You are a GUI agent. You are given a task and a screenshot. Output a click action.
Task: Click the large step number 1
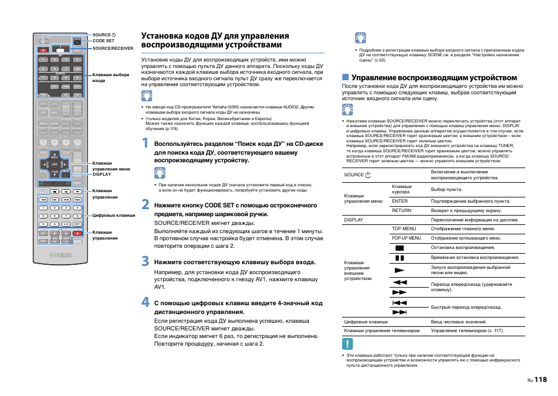coord(146,143)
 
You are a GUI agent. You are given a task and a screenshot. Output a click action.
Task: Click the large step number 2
coord(146,205)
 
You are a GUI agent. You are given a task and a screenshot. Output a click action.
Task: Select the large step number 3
coord(146,261)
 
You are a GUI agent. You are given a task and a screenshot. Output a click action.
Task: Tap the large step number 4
coord(146,303)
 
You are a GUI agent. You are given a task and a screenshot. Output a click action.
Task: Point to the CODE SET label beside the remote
coord(104,41)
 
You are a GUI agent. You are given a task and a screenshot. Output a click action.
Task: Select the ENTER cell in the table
coord(400,201)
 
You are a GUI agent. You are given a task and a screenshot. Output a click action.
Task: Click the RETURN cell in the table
coord(402,210)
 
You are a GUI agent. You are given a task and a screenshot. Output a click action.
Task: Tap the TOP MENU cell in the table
coord(404,228)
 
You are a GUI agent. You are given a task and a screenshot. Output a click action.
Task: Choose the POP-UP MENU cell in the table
coord(407,238)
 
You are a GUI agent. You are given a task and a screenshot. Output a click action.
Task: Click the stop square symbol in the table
coord(399,248)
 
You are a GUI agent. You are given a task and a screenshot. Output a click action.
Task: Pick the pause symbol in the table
coord(399,258)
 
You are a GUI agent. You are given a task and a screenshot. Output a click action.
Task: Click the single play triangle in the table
coord(399,270)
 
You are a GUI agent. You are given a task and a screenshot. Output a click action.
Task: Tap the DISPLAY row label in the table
coord(354,220)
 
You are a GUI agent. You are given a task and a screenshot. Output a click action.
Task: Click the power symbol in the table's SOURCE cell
coord(368,175)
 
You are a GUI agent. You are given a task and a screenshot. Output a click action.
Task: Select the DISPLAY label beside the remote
coord(102,174)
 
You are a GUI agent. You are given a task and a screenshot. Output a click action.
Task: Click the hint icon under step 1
coord(160,173)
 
